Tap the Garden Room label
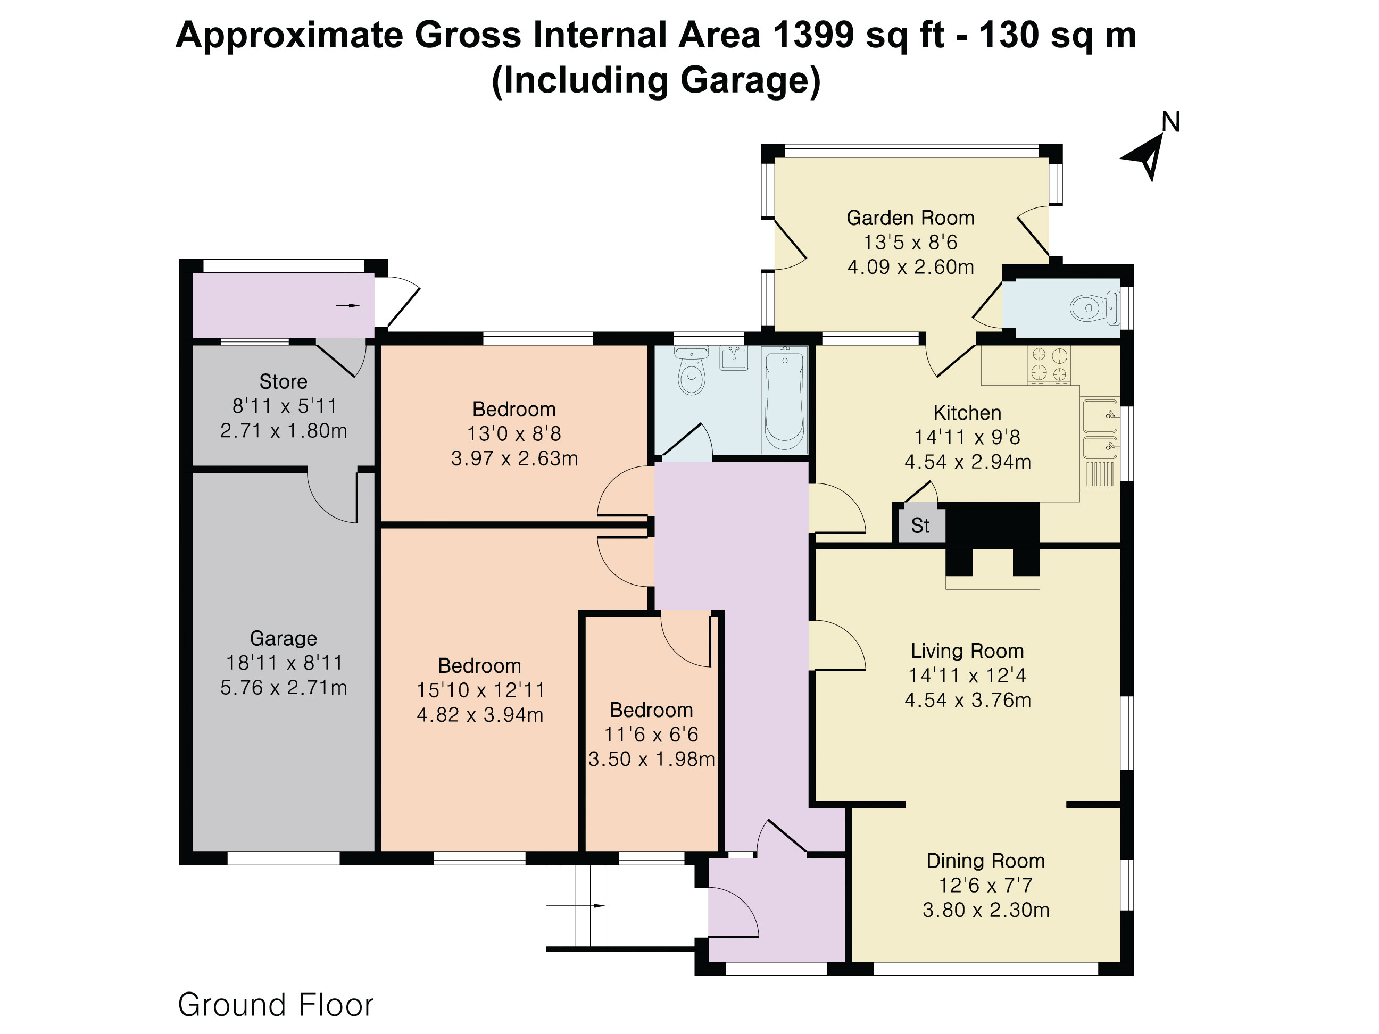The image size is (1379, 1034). coord(910,218)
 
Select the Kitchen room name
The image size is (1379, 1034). coord(967,413)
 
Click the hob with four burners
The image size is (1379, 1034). coord(1049,364)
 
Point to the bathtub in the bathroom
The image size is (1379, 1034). coord(784,399)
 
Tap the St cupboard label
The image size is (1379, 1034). coord(920,526)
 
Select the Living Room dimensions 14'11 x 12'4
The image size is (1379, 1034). coord(967,675)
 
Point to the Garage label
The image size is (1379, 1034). coord(283,638)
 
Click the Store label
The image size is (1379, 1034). coord(283,381)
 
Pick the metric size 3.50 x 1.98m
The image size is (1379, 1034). coord(652,759)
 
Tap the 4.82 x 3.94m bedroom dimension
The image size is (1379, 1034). coord(480,715)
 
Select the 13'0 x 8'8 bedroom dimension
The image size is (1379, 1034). coord(514,434)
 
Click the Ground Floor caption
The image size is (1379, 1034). coord(276,1005)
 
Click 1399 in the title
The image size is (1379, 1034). coord(813,36)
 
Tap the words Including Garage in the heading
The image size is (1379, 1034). coord(656,81)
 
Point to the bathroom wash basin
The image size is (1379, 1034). coord(734,358)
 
